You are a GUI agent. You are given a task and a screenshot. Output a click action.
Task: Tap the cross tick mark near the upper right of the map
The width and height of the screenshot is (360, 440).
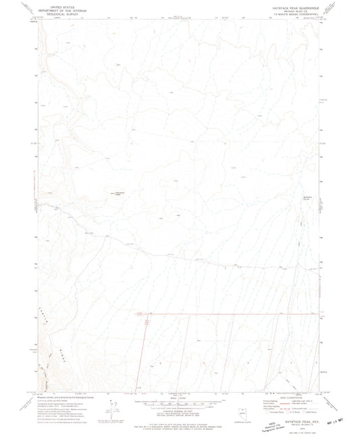225,144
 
